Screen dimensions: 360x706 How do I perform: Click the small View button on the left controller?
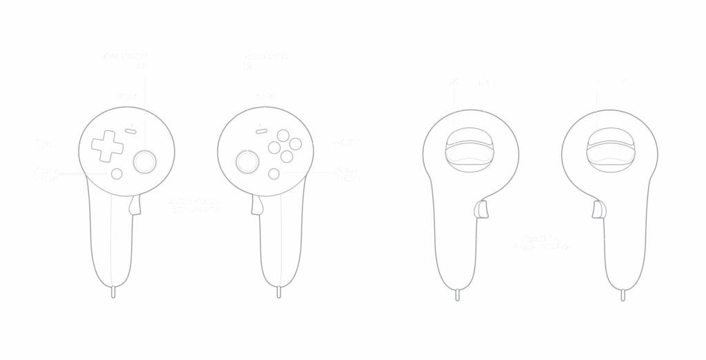(130, 129)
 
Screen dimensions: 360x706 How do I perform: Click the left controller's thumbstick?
(144, 161)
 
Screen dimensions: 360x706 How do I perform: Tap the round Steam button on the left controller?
(117, 174)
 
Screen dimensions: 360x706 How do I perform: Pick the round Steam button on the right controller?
(274, 174)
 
